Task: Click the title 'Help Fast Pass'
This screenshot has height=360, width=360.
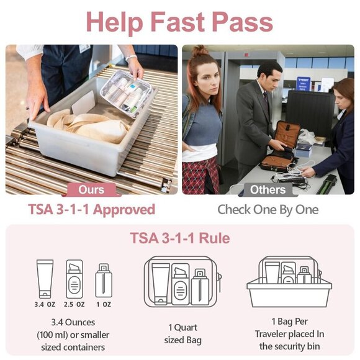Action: (x=179, y=22)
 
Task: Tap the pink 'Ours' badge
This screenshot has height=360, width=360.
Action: (x=91, y=189)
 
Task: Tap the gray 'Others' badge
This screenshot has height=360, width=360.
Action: (x=268, y=189)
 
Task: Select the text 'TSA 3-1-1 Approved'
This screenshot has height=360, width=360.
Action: (x=91, y=209)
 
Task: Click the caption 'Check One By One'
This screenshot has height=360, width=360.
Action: (x=268, y=209)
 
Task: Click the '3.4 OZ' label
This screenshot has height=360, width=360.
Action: (x=45, y=304)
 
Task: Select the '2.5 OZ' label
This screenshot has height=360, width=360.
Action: (x=74, y=304)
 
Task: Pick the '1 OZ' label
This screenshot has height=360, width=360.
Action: (x=104, y=304)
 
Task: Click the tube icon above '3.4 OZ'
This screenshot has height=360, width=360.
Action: (x=45, y=279)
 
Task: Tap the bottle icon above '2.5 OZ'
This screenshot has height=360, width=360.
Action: (x=74, y=279)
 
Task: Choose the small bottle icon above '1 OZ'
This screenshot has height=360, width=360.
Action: (x=104, y=281)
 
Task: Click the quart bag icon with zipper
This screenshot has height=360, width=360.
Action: (x=180, y=282)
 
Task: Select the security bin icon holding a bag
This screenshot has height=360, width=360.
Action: (x=289, y=282)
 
